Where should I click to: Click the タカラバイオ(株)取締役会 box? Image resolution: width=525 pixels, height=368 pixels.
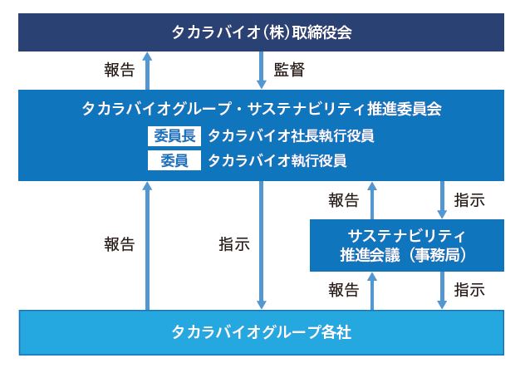pyautogui.click(x=261, y=32)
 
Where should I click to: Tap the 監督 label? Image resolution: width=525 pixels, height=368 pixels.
pyautogui.click(x=289, y=70)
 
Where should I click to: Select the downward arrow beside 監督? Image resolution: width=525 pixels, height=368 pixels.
pyautogui.click(x=261, y=70)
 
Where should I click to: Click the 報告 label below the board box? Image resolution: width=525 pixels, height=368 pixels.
pyautogui.click(x=119, y=70)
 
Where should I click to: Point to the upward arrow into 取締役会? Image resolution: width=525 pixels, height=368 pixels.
pyautogui.click(x=147, y=71)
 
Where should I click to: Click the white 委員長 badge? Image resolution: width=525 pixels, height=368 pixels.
pyautogui.click(x=174, y=136)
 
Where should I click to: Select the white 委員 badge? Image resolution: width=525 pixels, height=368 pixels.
pyautogui.click(x=174, y=160)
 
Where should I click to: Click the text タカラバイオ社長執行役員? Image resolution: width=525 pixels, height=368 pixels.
pyautogui.click(x=291, y=136)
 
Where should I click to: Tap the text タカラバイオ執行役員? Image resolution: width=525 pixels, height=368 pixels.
pyautogui.click(x=277, y=160)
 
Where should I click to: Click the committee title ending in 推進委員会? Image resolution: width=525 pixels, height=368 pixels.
pyautogui.click(x=262, y=109)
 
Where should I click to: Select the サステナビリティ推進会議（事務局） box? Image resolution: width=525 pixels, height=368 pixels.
pyautogui.click(x=407, y=245)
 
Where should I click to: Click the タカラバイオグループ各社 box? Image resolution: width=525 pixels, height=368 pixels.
pyautogui.click(x=261, y=332)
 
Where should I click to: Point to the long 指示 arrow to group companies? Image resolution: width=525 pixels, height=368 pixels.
pyautogui.click(x=261, y=245)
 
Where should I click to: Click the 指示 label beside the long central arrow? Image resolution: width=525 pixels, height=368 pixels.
pyautogui.click(x=234, y=244)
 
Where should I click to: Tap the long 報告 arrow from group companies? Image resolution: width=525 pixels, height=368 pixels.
pyautogui.click(x=147, y=246)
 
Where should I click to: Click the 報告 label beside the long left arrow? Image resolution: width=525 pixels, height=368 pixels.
pyautogui.click(x=119, y=244)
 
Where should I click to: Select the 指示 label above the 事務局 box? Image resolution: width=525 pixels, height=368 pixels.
pyautogui.click(x=469, y=200)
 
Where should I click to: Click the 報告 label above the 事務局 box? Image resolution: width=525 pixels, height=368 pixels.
pyautogui.click(x=344, y=200)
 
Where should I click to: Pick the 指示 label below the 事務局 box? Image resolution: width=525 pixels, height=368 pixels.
pyautogui.click(x=469, y=290)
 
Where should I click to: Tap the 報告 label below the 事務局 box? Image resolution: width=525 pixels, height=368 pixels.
pyautogui.click(x=344, y=290)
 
